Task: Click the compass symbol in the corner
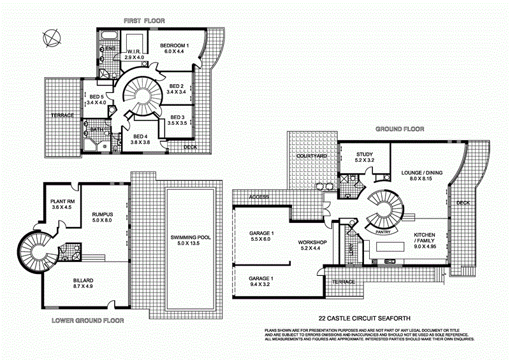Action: [x=50, y=38]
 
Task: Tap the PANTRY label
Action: [x=383, y=232]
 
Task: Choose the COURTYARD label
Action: [x=312, y=156]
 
